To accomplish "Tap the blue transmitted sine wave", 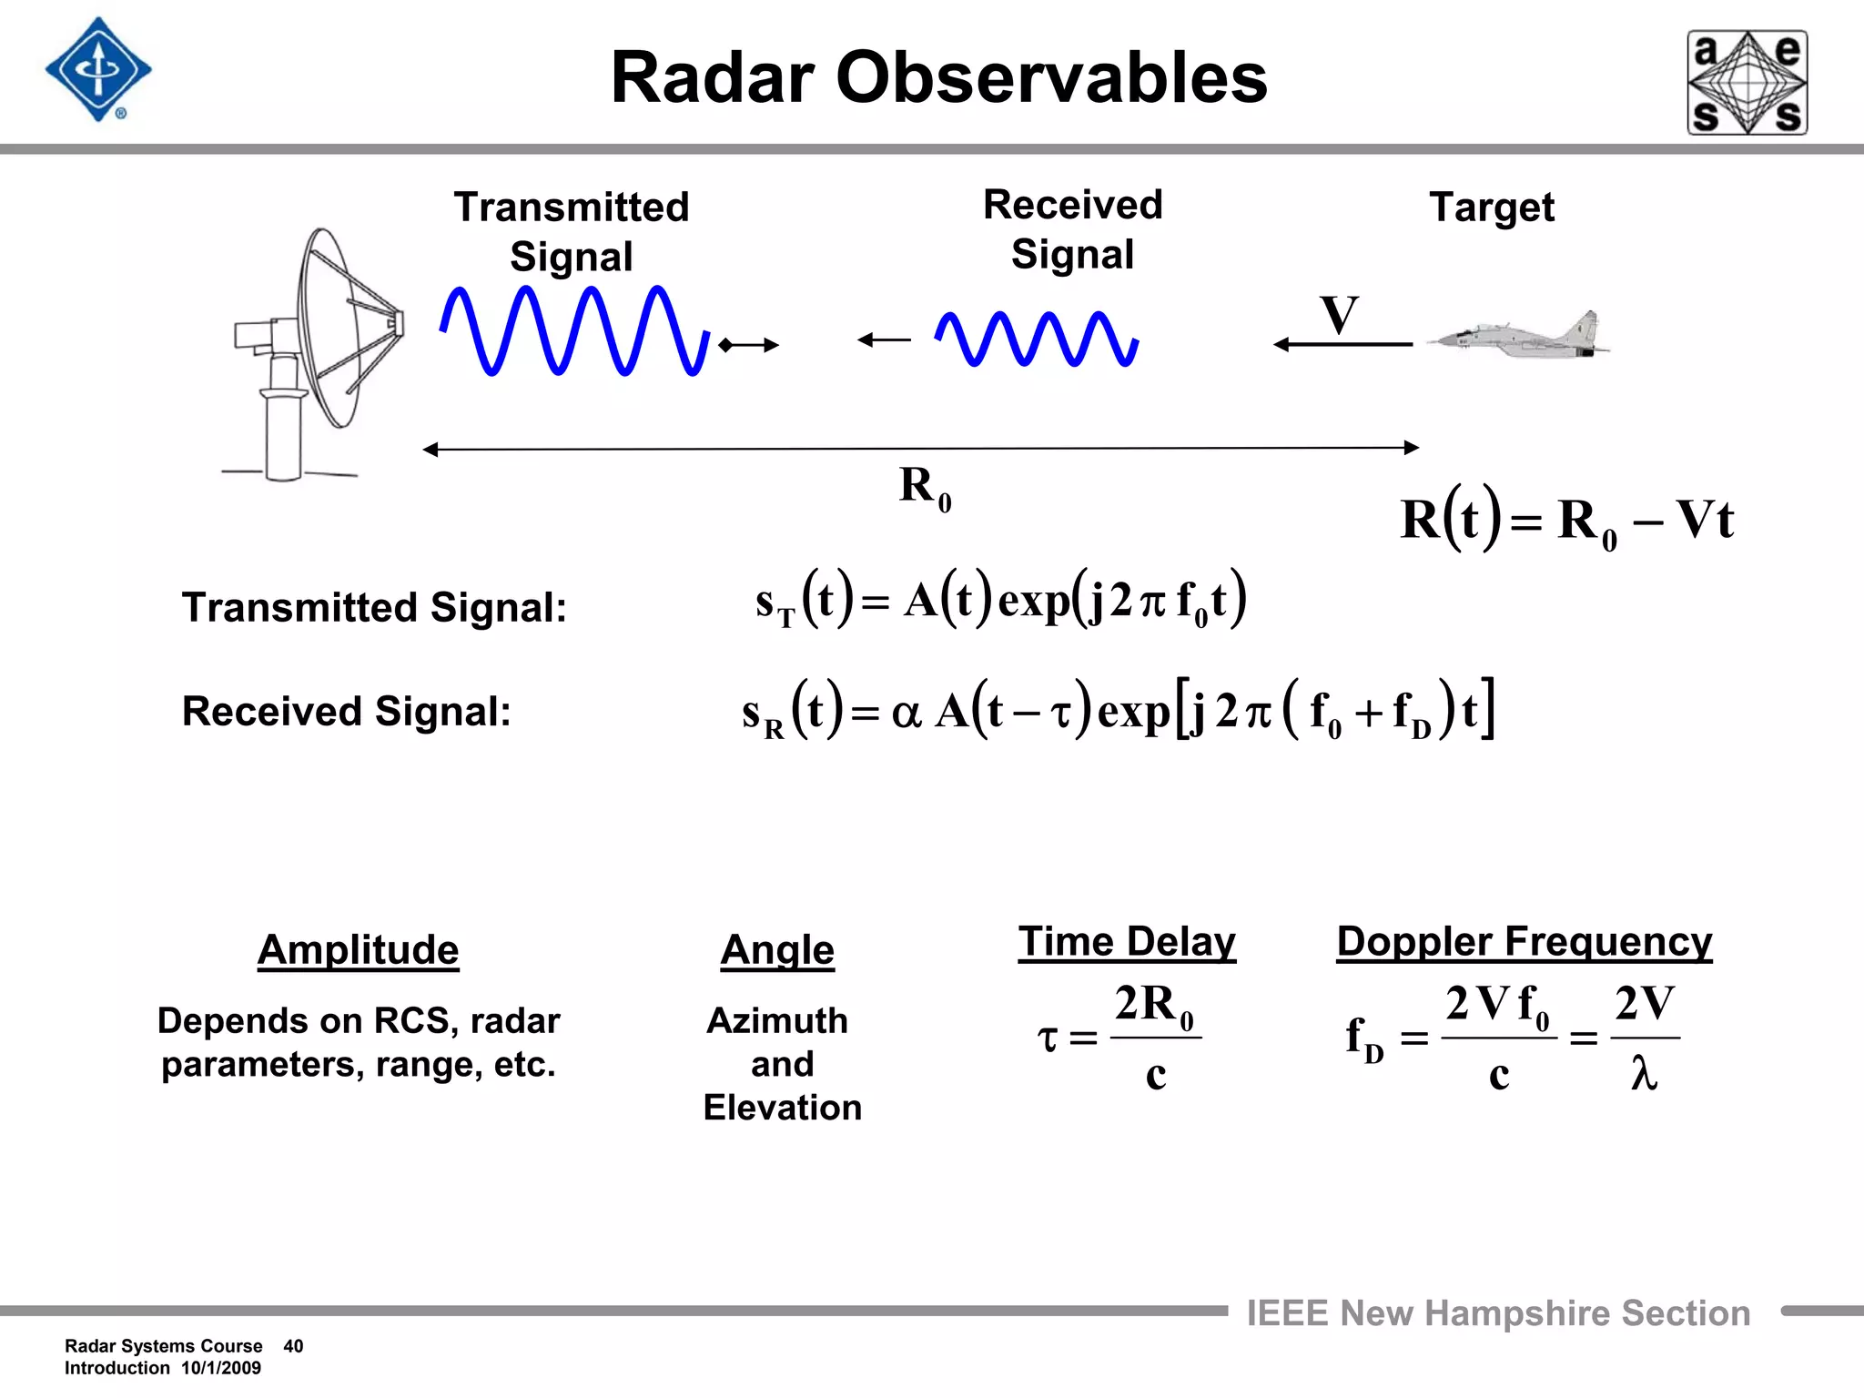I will pos(573,330).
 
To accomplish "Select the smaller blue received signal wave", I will pos(1036,339).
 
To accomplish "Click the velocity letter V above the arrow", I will pos(1339,316).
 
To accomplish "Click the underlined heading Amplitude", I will pos(358,950).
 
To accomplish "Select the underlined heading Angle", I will pos(777,950).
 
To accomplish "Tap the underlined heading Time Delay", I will pos(1127,942).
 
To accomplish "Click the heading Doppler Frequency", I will pos(1524,942).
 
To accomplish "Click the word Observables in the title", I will pos(1051,78).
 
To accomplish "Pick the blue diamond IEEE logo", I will pos(98,70).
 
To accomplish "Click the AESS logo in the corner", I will pos(1747,83).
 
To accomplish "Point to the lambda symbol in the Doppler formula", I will pos(1644,1074).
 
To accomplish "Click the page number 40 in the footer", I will pos(293,1346).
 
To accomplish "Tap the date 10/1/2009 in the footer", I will pos(221,1368).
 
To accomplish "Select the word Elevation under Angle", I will pos(782,1108).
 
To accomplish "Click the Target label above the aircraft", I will pos(1492,208).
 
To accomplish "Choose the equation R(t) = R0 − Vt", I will pos(1566,520).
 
